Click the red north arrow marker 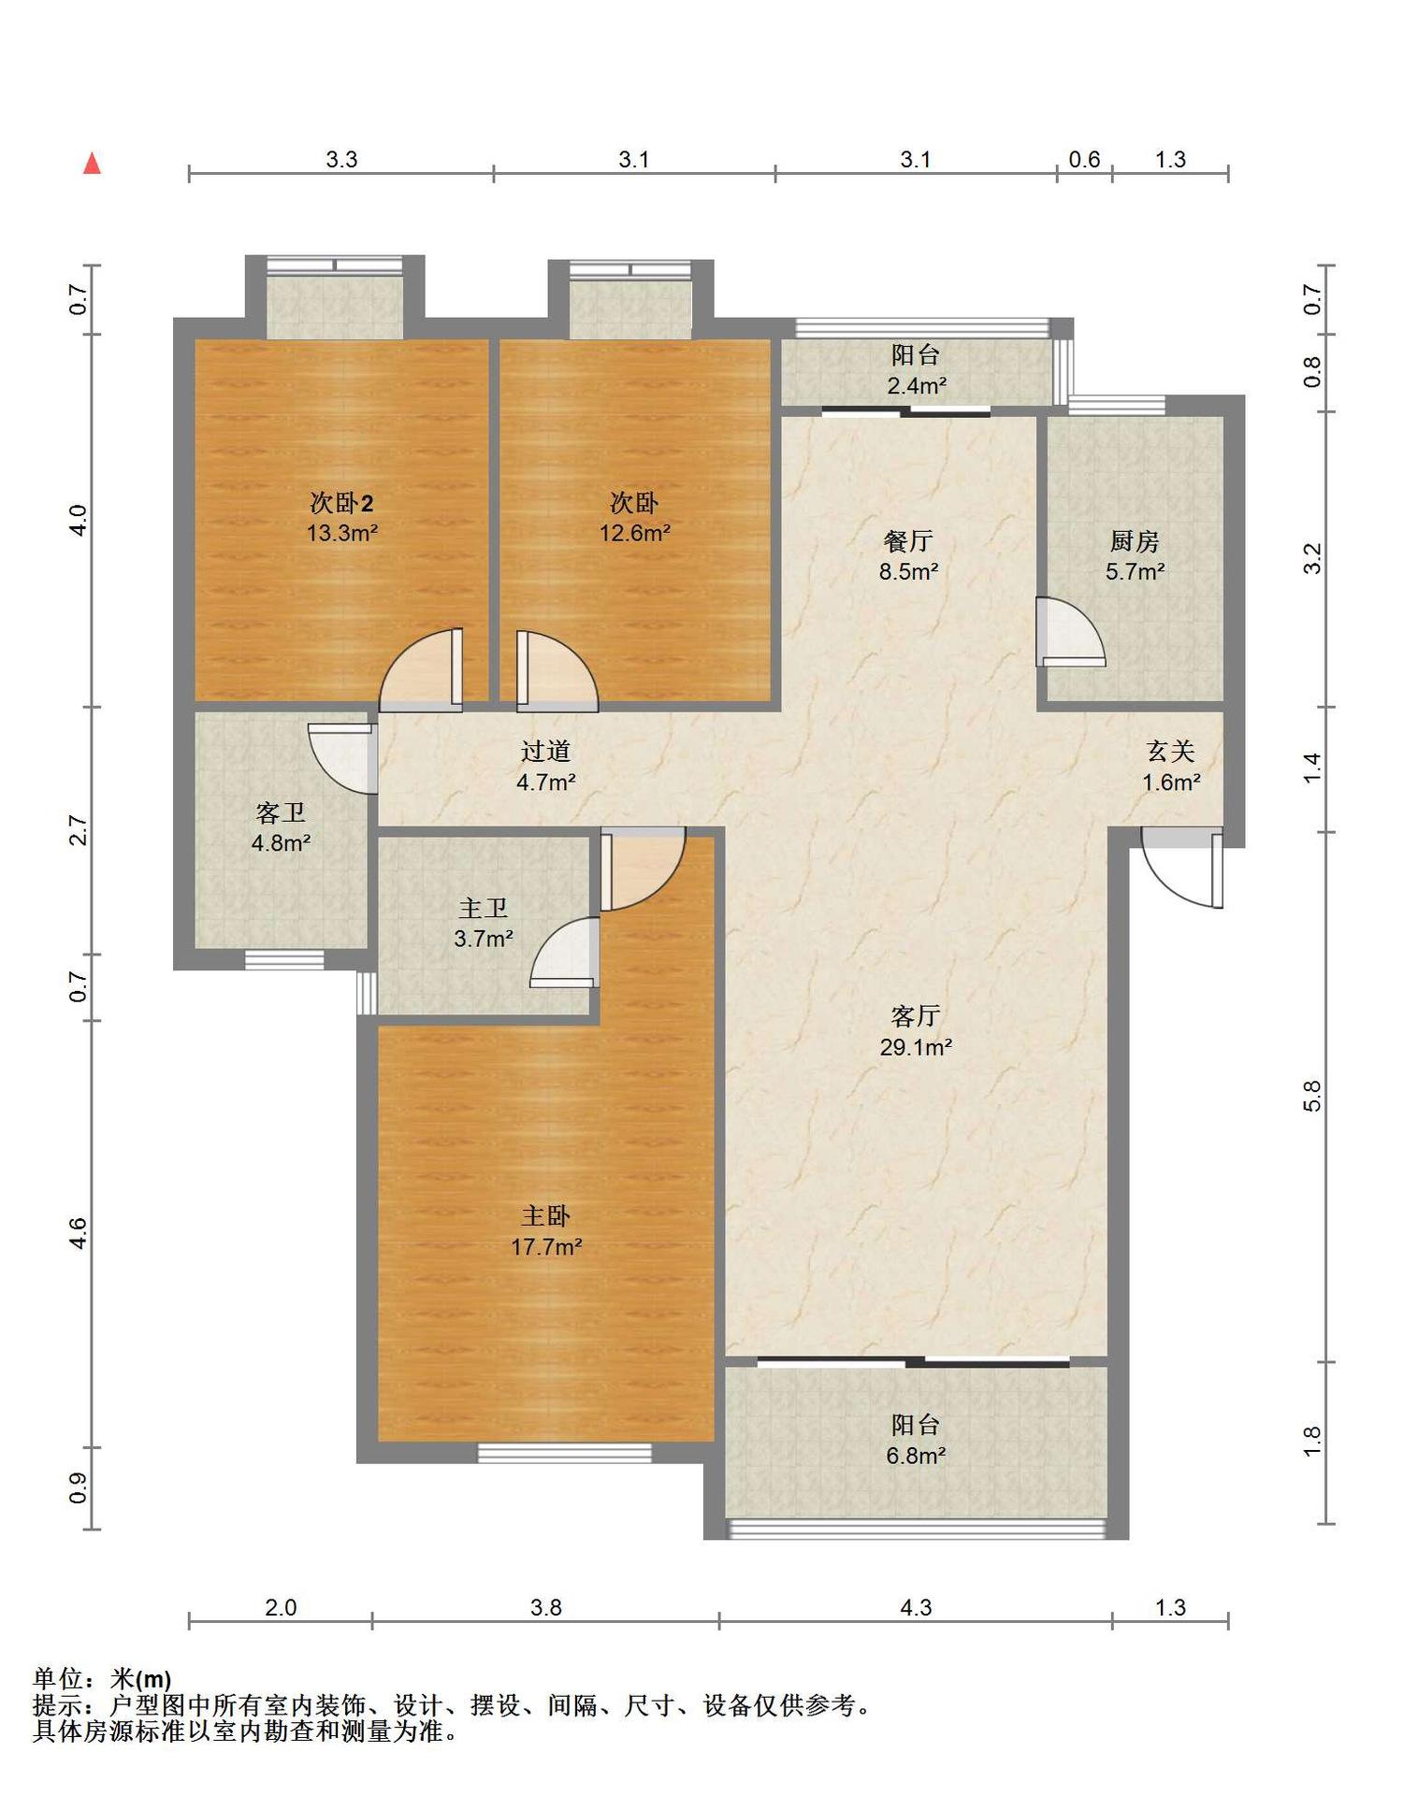[92, 164]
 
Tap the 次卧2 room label [342, 503]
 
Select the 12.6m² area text [635, 534]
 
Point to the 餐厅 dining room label [908, 540]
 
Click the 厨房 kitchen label [1135, 540]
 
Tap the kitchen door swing [1070, 632]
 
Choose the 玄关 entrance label [1171, 751]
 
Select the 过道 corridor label [545, 751]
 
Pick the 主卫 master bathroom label [484, 908]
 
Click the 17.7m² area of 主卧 [547, 1247]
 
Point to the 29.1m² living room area [916, 1047]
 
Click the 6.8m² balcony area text [916, 1456]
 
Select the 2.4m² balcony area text [916, 385]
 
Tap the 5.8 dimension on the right [1312, 1096]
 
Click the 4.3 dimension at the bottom [916, 1607]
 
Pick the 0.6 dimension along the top [1084, 160]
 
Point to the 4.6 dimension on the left [79, 1233]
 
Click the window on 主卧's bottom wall [565, 1453]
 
